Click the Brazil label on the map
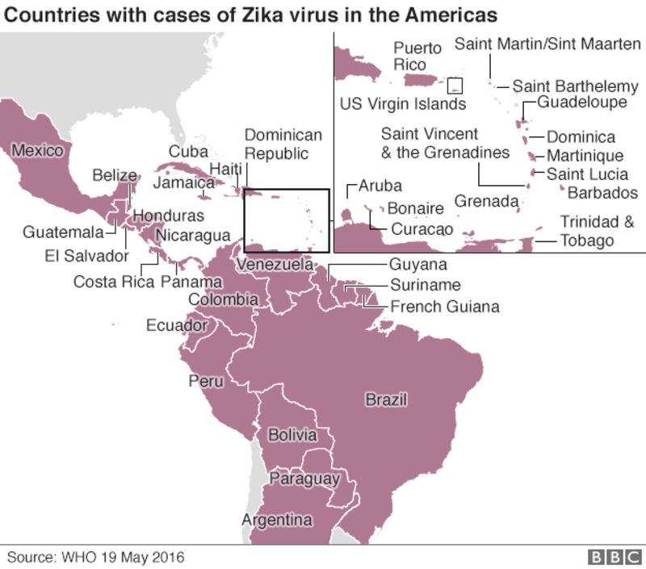point(386,400)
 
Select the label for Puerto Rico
point(417,56)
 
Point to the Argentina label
point(277,520)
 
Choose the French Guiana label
point(444,307)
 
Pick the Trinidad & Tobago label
point(598,231)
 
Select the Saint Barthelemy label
point(575,86)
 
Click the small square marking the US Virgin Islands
point(455,86)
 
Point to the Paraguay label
point(304,479)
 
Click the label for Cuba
point(188,151)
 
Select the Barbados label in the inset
point(602,193)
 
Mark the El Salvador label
point(87,256)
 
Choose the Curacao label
point(422,229)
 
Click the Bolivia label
point(292,435)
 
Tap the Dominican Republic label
point(283,144)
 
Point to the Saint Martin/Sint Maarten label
point(547,44)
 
